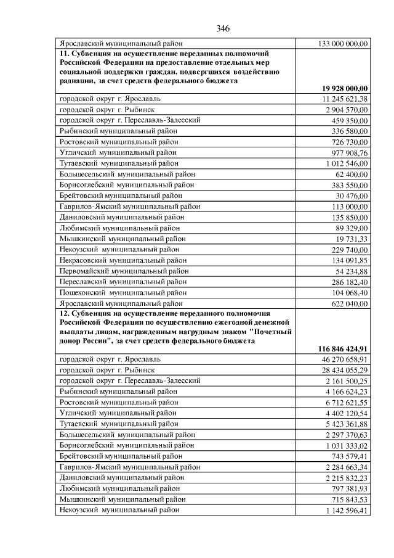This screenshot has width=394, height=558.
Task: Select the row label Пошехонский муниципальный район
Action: point(123,293)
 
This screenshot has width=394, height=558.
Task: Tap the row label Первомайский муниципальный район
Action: point(124,271)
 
